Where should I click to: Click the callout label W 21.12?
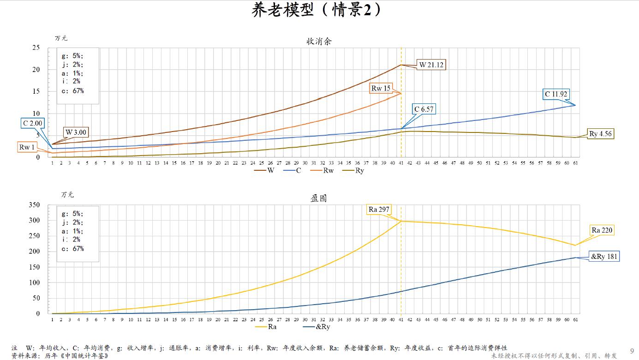pyautogui.click(x=431, y=65)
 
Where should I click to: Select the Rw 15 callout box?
pyautogui.click(x=381, y=88)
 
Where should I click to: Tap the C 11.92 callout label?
pyautogui.click(x=556, y=95)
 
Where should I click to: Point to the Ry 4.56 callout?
pyautogui.click(x=601, y=134)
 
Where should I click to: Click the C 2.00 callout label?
pyautogui.click(x=33, y=123)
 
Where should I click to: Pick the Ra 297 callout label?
pyautogui.click(x=379, y=210)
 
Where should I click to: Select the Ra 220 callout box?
pyautogui.click(x=603, y=230)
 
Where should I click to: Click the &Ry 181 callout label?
pyautogui.click(x=604, y=257)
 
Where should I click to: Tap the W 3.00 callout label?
pyautogui.click(x=76, y=132)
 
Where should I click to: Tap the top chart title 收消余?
pyautogui.click(x=319, y=41)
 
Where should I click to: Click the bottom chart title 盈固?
pyautogui.click(x=319, y=198)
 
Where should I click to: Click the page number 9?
pyautogui.click(x=632, y=351)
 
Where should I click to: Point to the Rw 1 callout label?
pyautogui.click(x=27, y=147)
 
